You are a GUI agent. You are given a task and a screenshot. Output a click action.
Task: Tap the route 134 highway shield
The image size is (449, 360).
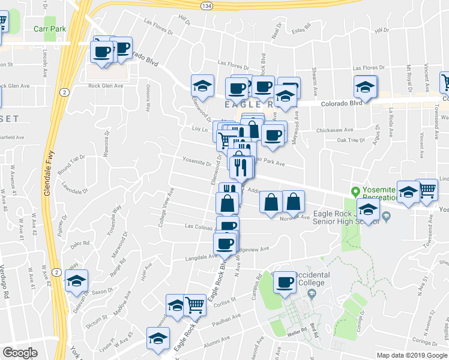206,5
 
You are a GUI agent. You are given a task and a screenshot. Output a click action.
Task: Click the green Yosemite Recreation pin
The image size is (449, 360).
355,192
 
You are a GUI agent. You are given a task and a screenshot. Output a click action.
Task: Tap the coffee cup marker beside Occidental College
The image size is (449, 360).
285,282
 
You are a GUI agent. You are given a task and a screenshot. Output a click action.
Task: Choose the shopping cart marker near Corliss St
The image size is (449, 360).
194,305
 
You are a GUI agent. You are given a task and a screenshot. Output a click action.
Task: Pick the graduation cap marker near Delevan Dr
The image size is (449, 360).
77,281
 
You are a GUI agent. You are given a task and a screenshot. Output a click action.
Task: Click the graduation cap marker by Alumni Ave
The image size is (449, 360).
158,338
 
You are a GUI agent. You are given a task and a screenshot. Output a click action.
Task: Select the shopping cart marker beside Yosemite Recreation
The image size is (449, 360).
427,190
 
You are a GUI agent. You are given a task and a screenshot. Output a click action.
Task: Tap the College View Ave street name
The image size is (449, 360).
166,208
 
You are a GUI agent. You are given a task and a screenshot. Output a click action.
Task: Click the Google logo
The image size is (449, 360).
20,353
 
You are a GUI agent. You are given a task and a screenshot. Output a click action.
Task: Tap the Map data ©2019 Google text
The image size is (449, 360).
412,355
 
